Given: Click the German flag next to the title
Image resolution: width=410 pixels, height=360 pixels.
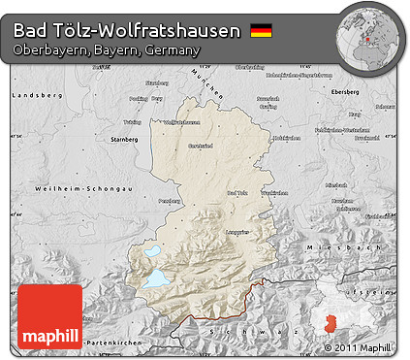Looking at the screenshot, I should click(x=261, y=31).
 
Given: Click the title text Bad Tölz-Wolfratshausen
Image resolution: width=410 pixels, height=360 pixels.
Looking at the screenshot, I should click(x=127, y=31).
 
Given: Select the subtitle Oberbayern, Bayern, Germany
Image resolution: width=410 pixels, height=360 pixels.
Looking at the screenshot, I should click(x=107, y=49).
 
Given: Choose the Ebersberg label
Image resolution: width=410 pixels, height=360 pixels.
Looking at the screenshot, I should click(x=371, y=93).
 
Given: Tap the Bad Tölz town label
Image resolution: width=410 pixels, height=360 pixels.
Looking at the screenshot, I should click(x=237, y=193).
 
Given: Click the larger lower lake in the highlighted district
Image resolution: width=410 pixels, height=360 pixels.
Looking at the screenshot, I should click(x=156, y=279).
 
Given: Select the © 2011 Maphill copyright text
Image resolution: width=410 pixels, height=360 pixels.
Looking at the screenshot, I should click(x=358, y=346).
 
